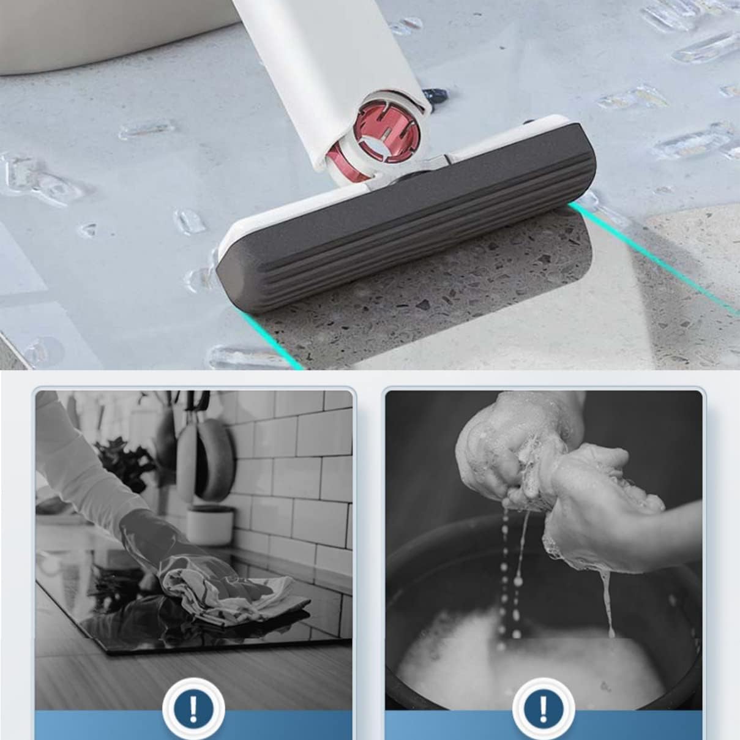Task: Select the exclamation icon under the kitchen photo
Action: (193, 709)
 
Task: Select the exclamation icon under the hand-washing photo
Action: (543, 709)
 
